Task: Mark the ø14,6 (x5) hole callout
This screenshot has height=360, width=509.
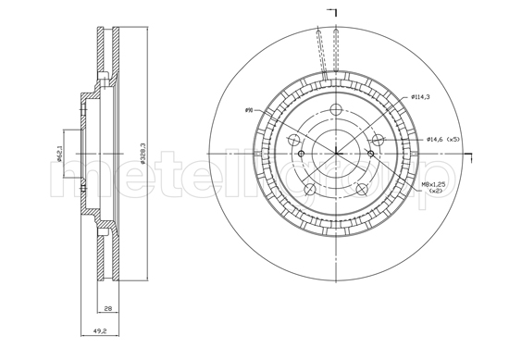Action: click(442, 139)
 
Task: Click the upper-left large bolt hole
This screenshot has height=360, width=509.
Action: click(292, 141)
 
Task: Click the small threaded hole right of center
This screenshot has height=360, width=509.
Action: click(370, 154)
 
